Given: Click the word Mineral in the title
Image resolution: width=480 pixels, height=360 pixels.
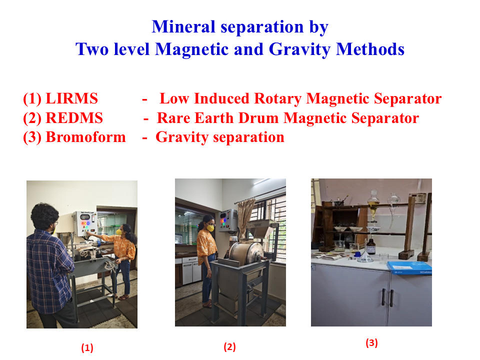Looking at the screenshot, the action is pos(183,26).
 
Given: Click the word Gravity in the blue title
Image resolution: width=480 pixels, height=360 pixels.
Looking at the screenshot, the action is pos(299,49).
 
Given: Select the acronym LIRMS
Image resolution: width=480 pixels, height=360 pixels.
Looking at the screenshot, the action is pos(71,98).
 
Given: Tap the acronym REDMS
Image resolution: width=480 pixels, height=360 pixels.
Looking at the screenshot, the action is pos(74,118).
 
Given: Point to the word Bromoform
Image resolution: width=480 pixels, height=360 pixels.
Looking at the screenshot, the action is pos(85,137).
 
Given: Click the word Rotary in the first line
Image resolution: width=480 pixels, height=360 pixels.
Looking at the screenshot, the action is pos(277,99).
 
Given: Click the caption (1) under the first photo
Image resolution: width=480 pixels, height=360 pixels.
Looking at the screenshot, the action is pos(87,348).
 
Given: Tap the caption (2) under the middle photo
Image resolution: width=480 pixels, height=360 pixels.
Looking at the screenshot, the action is pos(229,347).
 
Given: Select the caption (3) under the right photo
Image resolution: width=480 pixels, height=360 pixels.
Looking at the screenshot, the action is pos(371,342).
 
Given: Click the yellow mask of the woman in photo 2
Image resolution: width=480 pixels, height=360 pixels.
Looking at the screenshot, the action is pos(210,228).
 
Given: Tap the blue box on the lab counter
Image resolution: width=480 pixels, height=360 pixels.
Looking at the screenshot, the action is pos(409,268).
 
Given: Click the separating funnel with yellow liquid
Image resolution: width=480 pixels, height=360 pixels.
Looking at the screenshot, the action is pos(373,204).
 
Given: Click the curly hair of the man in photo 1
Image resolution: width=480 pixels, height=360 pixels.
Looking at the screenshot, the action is pos(44,215).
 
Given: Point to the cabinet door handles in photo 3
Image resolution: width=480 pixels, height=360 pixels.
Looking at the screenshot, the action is pos(387,297).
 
